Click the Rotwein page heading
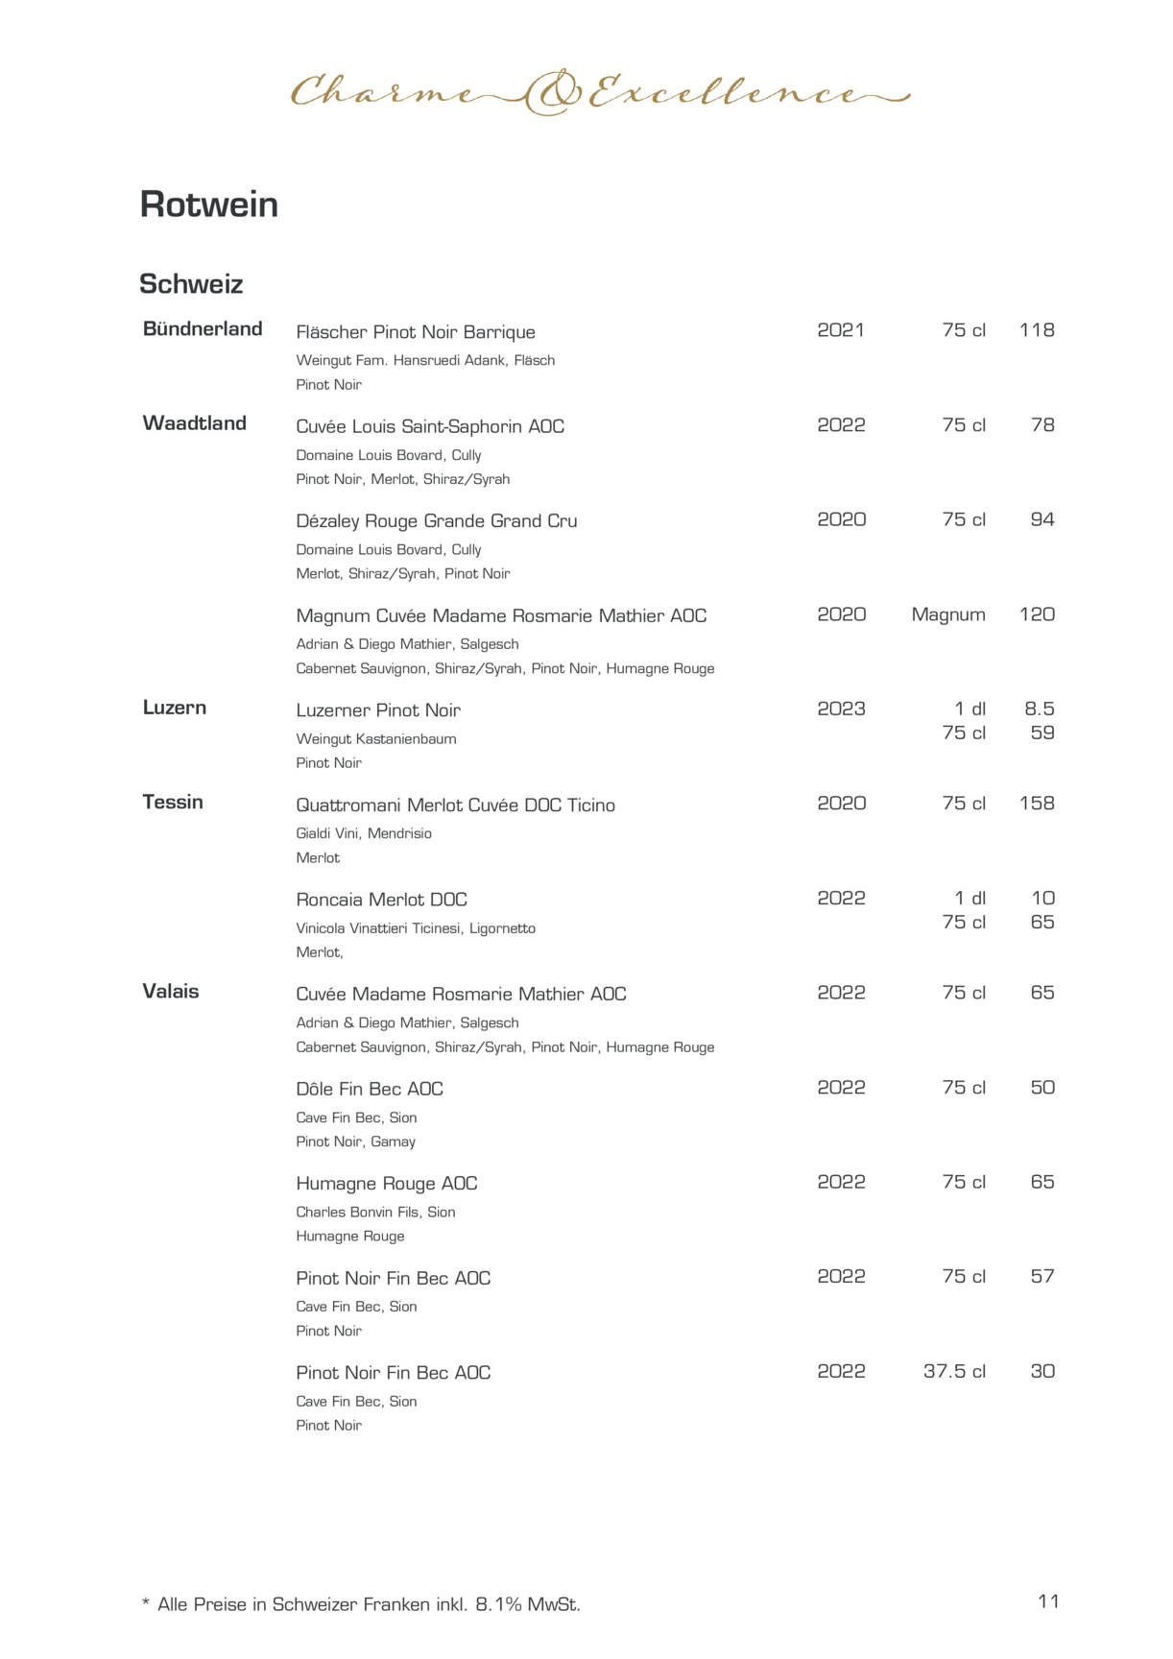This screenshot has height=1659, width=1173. click(x=208, y=204)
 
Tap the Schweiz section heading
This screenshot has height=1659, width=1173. click(x=191, y=284)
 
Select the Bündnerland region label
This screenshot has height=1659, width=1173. click(x=203, y=329)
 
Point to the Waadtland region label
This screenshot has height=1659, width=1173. click(x=195, y=423)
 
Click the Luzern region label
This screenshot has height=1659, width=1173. click(x=175, y=708)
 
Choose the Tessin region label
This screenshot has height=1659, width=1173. click(x=173, y=803)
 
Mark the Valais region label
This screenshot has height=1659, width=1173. click(x=171, y=992)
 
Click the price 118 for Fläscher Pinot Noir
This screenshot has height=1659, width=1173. click(x=1037, y=330)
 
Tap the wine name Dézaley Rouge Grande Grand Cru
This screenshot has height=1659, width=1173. click(x=437, y=521)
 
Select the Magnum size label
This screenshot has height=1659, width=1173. click(x=948, y=614)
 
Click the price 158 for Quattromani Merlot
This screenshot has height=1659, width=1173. click(x=1037, y=804)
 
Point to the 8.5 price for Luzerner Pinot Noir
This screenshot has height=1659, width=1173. click(x=1040, y=709)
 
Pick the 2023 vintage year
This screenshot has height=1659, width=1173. click(x=841, y=709)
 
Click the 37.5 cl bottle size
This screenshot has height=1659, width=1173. click(x=954, y=1372)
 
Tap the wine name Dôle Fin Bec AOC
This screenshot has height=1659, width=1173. click(x=370, y=1089)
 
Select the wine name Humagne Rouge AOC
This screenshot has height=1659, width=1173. click(x=387, y=1184)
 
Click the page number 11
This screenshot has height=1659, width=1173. click(x=1048, y=1601)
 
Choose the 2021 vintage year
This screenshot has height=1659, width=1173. click(x=841, y=330)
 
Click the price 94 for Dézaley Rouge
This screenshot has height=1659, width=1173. click(x=1042, y=519)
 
